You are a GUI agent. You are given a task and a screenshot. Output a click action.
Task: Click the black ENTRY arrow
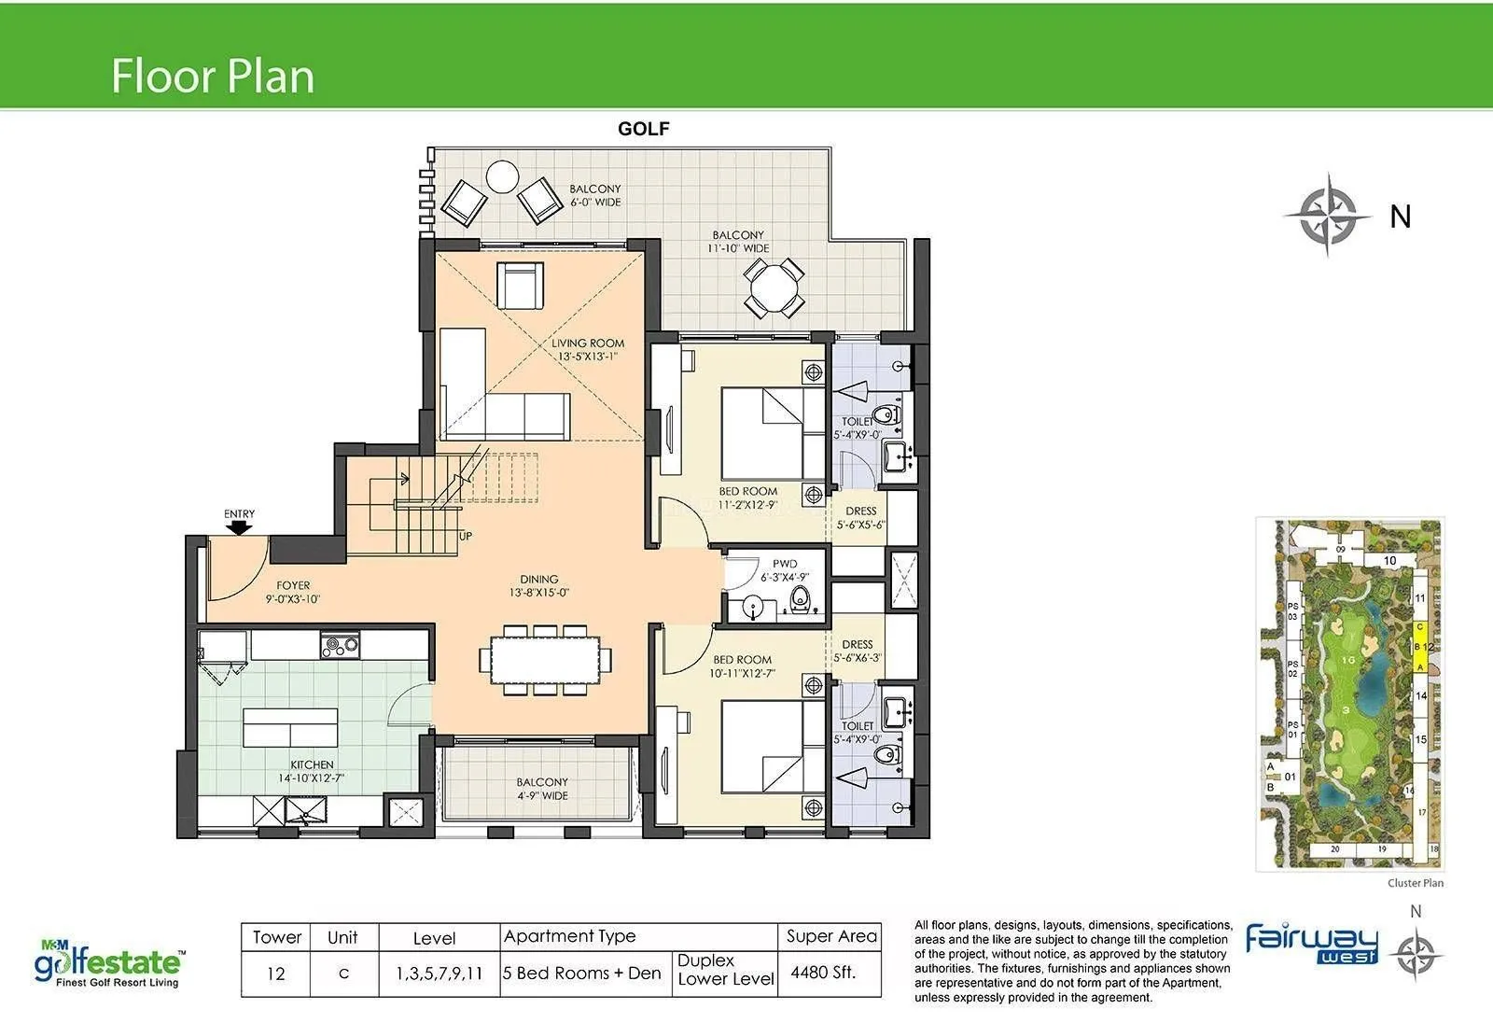(240, 528)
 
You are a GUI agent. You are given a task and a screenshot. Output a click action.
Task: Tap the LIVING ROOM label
(588, 343)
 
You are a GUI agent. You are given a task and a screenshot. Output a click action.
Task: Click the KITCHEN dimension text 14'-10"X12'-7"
(312, 778)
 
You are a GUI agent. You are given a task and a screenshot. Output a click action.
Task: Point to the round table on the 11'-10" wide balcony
(774, 287)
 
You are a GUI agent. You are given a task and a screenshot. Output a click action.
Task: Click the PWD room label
(785, 564)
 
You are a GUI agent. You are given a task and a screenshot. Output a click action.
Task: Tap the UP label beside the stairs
(465, 536)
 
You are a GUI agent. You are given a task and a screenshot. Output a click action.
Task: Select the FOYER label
(293, 586)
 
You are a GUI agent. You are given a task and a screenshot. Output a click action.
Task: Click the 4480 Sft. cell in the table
(823, 973)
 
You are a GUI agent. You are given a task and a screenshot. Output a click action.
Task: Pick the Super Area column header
(830, 936)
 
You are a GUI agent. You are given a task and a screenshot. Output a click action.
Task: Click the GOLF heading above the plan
(644, 129)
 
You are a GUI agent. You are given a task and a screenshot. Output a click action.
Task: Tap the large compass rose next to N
(1329, 216)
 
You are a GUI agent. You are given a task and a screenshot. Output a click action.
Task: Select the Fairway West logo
(1312, 944)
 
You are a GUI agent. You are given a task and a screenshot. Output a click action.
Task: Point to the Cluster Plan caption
(1415, 883)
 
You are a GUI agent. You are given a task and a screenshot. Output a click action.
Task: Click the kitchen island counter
(289, 727)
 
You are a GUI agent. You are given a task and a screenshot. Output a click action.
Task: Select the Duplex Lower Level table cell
(725, 970)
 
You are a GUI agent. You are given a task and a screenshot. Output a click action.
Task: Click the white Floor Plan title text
(213, 76)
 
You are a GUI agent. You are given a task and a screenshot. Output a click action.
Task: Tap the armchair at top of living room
(520, 285)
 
